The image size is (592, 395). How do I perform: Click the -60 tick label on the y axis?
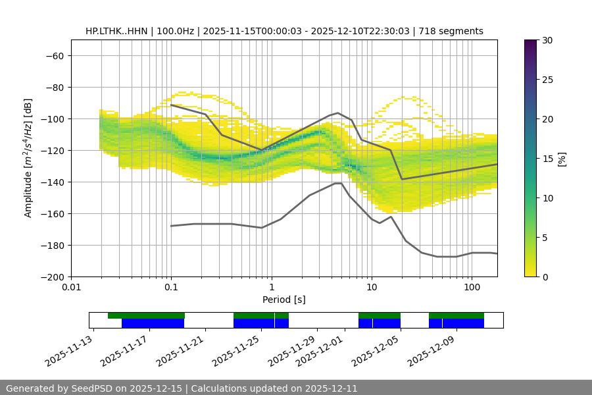(54, 55)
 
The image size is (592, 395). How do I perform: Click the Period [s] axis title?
(284, 300)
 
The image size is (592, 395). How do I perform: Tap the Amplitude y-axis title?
(28, 158)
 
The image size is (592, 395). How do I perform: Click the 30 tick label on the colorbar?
(547, 40)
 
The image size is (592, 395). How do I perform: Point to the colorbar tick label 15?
(547, 159)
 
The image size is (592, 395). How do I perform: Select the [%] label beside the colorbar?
(562, 159)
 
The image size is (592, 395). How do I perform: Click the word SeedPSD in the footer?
(89, 388)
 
